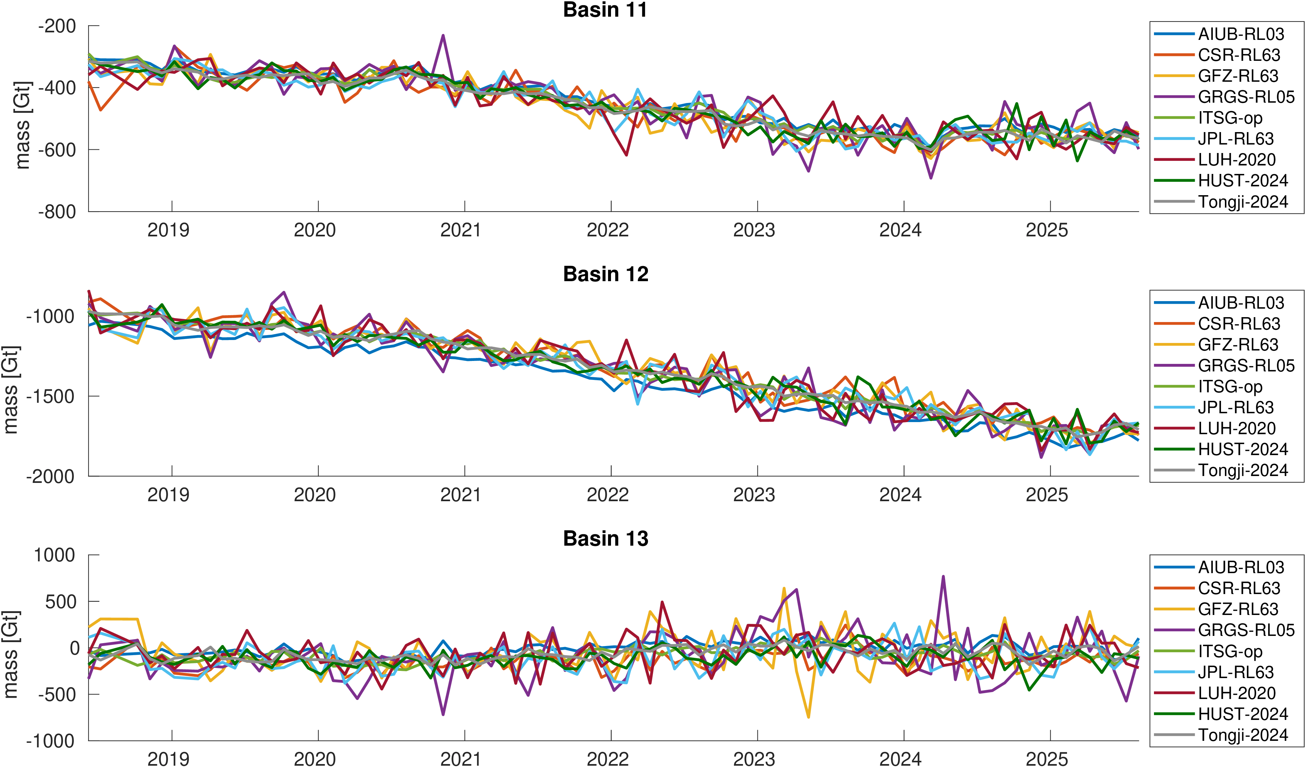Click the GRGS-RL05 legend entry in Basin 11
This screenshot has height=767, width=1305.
(x=1246, y=97)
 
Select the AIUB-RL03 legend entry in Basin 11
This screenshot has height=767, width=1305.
(x=1241, y=34)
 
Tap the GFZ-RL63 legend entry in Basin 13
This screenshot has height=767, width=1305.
(x=1238, y=609)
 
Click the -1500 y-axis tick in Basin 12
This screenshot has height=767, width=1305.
(x=50, y=396)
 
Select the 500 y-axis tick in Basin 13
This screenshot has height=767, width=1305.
(x=62, y=602)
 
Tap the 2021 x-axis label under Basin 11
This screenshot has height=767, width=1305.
(x=460, y=230)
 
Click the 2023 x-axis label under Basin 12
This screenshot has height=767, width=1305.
(x=754, y=495)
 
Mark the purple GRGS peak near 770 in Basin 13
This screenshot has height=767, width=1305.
(x=943, y=576)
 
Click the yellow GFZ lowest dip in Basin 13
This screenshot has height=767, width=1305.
(x=808, y=717)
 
